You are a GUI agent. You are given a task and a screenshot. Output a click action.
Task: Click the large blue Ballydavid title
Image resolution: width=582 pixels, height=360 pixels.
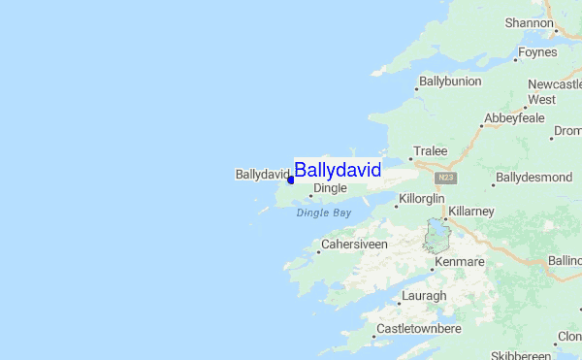[x=338, y=170]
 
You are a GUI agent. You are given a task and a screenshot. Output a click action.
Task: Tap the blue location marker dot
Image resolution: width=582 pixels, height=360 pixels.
[x=291, y=180]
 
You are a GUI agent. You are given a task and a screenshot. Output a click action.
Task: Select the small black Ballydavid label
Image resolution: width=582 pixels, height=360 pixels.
[x=262, y=175]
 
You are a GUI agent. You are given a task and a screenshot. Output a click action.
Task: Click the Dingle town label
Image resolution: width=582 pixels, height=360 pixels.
[x=330, y=189]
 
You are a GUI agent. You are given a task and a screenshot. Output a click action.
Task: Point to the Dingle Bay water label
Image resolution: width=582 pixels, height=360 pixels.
[x=324, y=213]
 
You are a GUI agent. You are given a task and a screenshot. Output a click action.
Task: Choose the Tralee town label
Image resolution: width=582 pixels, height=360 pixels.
[x=430, y=151]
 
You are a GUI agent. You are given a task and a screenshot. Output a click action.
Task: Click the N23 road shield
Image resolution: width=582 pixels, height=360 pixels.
[x=445, y=178]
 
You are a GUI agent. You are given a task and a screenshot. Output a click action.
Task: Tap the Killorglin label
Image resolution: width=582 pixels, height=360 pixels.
[x=421, y=199]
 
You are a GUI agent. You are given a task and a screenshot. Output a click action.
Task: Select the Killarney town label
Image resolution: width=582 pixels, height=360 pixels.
[x=472, y=211]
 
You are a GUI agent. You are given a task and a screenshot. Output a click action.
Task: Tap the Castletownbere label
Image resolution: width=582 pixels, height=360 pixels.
[x=418, y=329]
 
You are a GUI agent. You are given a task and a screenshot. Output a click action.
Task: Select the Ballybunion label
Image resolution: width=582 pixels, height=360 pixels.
[x=450, y=82]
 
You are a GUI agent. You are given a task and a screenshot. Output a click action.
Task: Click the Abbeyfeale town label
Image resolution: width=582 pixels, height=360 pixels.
[x=517, y=119]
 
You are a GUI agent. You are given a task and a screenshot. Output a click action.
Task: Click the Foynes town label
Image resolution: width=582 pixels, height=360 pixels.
[x=537, y=51]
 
